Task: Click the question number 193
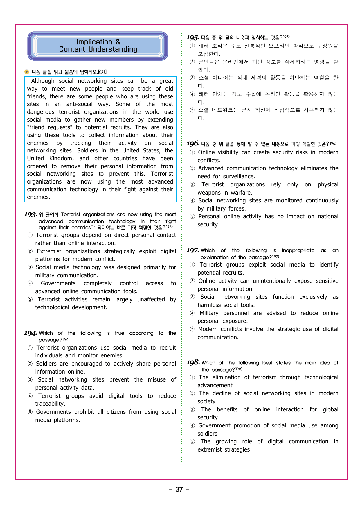coord(30,215)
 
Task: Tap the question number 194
coord(30,333)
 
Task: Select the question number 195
coord(192,38)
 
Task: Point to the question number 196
coord(193,144)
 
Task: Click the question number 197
coord(192,251)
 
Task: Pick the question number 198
coord(193,363)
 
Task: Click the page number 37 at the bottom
coord(179,489)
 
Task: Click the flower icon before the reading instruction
coord(27,72)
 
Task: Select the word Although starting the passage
coord(43,81)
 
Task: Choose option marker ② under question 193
coord(30,251)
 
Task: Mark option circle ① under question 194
coord(30,348)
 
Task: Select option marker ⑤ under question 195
coord(192,110)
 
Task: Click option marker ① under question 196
coord(192,152)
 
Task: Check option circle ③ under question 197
coord(192,297)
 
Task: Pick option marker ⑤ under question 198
coord(192,442)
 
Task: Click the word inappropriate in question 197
coord(298,251)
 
